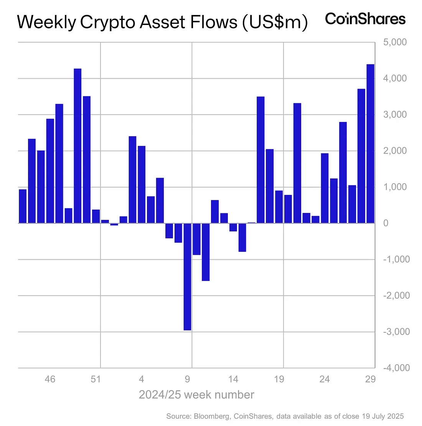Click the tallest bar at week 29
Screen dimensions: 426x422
(x=370, y=144)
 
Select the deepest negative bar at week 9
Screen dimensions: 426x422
(x=187, y=276)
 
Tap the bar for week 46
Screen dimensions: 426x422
(x=50, y=171)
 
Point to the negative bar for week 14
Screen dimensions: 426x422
(x=233, y=227)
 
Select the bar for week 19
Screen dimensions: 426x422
(x=279, y=206)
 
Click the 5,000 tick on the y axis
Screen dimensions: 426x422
(x=395, y=42)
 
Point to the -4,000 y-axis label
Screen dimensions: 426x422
(x=396, y=368)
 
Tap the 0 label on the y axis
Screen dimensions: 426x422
(x=386, y=223)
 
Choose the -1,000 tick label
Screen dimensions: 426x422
(x=396, y=259)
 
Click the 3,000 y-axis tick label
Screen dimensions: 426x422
(x=395, y=114)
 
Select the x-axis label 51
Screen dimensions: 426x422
(x=96, y=379)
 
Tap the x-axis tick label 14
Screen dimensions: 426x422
(x=233, y=379)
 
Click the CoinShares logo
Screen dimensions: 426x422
(x=365, y=19)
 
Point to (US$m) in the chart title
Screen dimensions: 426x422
(x=275, y=22)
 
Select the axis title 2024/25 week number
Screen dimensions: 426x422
(x=196, y=395)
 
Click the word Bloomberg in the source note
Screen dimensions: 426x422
(x=213, y=416)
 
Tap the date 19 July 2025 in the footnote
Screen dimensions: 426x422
(x=382, y=416)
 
